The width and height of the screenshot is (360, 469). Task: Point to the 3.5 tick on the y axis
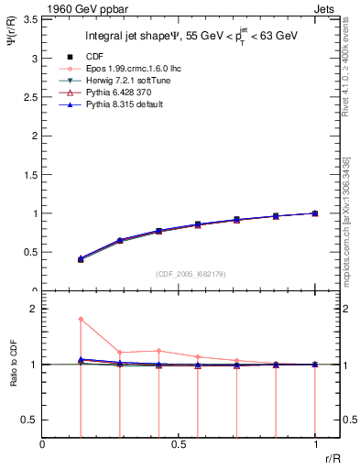coord(30,19)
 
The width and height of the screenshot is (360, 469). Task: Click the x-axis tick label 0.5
coord(179,443)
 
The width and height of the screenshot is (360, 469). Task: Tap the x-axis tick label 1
coord(314,443)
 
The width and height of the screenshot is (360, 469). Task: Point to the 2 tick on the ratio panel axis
coord(33,310)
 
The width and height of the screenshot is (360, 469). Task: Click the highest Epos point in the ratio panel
coord(81,319)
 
